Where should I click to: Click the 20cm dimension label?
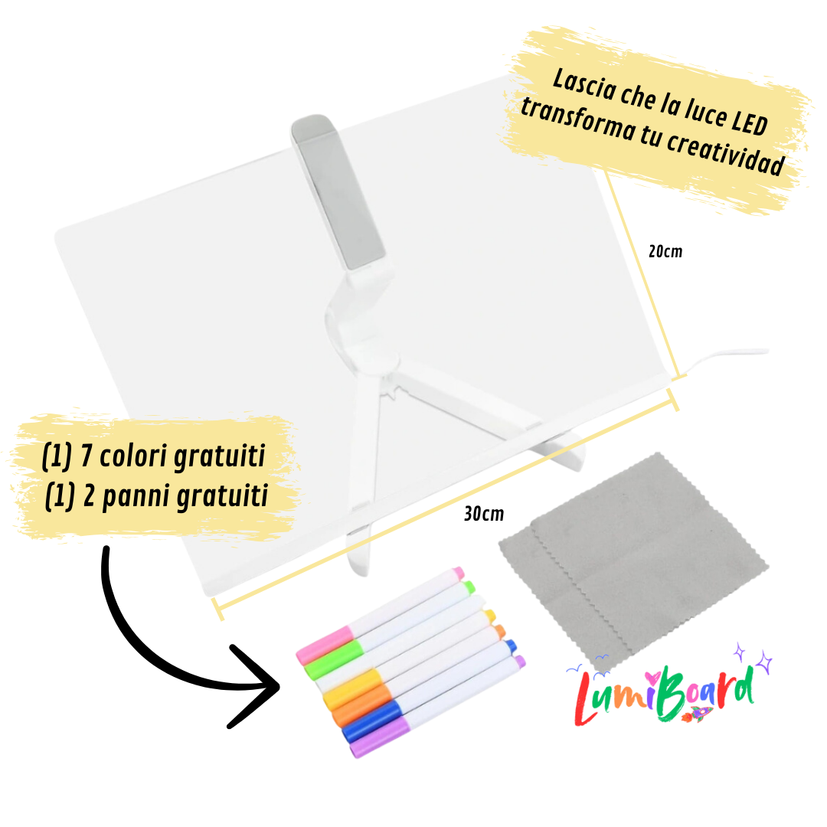click(x=665, y=252)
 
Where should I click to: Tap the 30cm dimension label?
click(x=484, y=514)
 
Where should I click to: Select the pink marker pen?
click(x=380, y=615)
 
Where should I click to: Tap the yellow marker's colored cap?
click(x=352, y=689)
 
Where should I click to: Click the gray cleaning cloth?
click(x=633, y=559)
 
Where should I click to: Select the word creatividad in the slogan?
click(x=726, y=153)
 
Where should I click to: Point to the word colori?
click(x=134, y=456)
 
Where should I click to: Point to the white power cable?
click(x=725, y=359)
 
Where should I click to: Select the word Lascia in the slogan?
click(x=584, y=84)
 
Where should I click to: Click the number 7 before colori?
click(x=87, y=456)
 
